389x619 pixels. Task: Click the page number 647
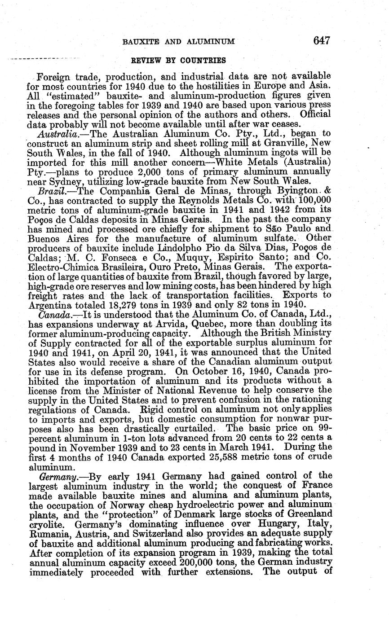[x=322, y=41]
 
